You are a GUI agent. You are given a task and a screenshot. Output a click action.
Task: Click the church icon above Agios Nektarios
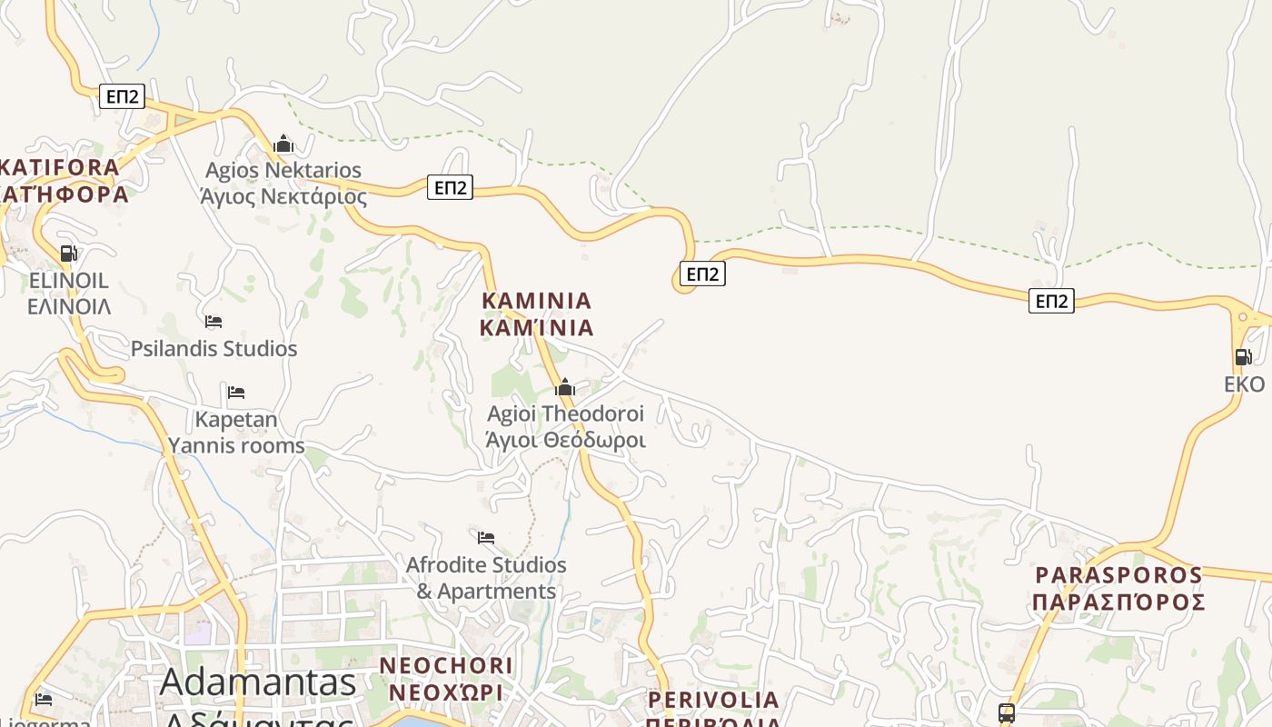pyautogui.click(x=283, y=144)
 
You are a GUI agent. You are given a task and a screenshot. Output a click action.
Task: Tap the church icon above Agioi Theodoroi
pyautogui.click(x=565, y=388)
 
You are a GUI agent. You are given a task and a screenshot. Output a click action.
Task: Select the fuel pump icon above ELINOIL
pyautogui.click(x=68, y=254)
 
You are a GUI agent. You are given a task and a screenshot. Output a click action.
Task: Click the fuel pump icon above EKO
pyautogui.click(x=1243, y=357)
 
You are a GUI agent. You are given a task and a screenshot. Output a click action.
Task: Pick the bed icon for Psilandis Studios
pyautogui.click(x=214, y=322)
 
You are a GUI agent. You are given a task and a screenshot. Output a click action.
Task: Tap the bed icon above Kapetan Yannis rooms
pyautogui.click(x=236, y=393)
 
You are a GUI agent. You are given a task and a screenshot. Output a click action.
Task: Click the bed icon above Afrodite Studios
pyautogui.click(x=486, y=538)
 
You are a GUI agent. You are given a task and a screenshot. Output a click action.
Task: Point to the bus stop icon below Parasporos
pyautogui.click(x=1006, y=713)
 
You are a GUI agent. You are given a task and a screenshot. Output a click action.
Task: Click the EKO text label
pyautogui.click(x=1244, y=384)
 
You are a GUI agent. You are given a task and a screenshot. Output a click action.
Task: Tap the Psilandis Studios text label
pyautogui.click(x=214, y=349)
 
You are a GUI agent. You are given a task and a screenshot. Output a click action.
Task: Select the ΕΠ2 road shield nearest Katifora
pyautogui.click(x=122, y=96)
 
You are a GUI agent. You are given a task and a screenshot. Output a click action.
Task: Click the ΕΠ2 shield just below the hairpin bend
pyautogui.click(x=702, y=274)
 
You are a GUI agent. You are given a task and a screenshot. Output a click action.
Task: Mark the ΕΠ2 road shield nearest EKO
pyautogui.click(x=1051, y=301)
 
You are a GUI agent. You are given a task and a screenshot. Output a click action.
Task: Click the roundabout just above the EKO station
pyautogui.click(x=1242, y=318)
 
